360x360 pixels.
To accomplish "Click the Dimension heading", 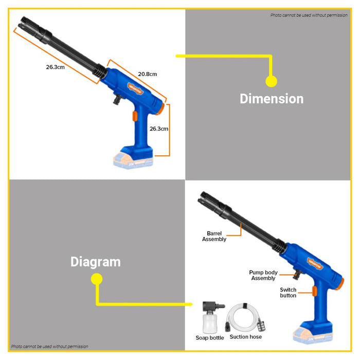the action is (x=272, y=99).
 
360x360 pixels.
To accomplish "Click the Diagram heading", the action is (x=96, y=262).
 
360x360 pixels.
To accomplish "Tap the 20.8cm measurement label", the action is (x=148, y=74).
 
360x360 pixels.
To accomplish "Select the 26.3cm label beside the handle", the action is (x=159, y=129).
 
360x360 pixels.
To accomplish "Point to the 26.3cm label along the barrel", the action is (x=56, y=67).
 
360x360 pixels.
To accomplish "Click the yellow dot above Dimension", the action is (x=271, y=81).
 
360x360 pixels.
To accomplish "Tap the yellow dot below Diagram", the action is (x=97, y=279).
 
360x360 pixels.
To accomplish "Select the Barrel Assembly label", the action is (x=214, y=236).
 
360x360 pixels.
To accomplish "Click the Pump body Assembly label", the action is (x=263, y=275).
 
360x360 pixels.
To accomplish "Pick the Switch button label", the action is (x=288, y=293).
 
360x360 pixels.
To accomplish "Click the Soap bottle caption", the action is (x=210, y=338).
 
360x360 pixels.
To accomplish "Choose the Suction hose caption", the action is (x=246, y=337).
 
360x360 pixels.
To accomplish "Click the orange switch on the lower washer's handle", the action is (x=315, y=291).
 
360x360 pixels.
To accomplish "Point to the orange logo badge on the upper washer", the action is (x=135, y=88).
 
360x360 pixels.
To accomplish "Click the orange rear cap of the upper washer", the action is (x=161, y=109).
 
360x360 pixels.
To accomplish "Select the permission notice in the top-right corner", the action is (x=309, y=15).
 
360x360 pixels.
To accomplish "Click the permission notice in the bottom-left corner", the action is (x=49, y=347).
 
